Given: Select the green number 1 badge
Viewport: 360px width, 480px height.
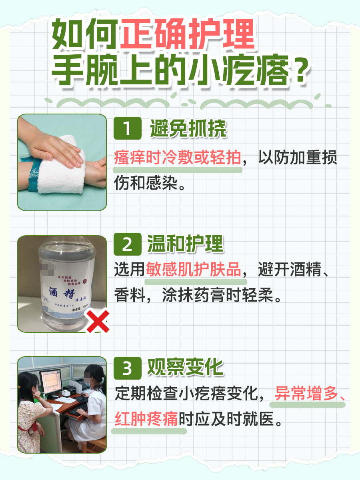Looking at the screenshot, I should click(x=127, y=129).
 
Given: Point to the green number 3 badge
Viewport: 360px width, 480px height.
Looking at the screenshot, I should click(x=127, y=368).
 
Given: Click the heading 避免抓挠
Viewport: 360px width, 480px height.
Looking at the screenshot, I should click(x=188, y=129).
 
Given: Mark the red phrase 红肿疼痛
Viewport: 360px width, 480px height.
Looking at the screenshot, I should click(x=146, y=419).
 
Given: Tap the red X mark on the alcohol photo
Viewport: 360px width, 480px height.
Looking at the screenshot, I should click(x=98, y=323).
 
